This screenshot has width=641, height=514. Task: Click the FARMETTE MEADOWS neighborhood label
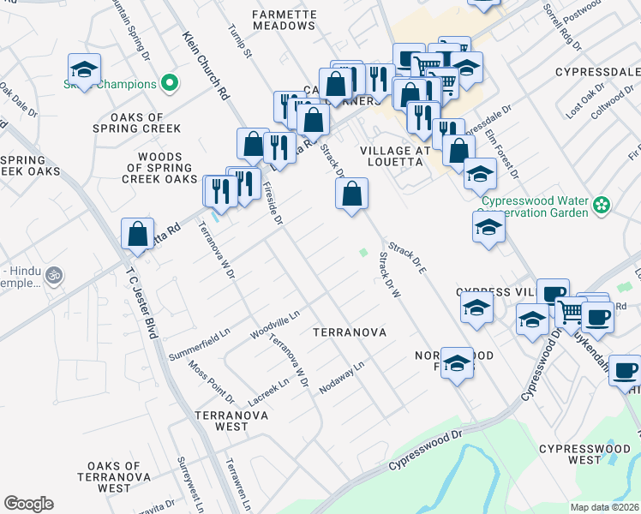285,20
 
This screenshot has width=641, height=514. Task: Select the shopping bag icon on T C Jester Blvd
137,234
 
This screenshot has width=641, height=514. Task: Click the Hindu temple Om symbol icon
54,276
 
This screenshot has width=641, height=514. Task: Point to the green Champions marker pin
170,84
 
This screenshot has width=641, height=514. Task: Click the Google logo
28,503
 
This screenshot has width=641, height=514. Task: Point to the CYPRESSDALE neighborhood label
597,71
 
